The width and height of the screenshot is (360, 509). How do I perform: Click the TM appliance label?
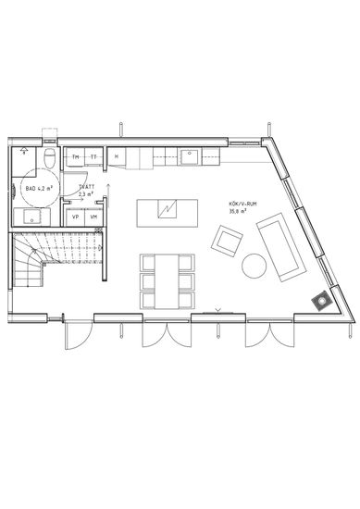[75, 157]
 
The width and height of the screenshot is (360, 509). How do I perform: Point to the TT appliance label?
[93, 157]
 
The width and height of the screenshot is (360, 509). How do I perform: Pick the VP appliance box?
[75, 217]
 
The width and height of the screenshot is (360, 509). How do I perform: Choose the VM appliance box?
[94, 217]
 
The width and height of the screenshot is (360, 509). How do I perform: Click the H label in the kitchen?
[117, 157]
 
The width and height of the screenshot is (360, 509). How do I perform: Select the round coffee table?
[254, 266]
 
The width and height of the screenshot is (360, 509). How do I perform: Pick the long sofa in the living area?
[280, 245]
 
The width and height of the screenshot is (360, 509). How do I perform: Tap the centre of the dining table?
[168, 279]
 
